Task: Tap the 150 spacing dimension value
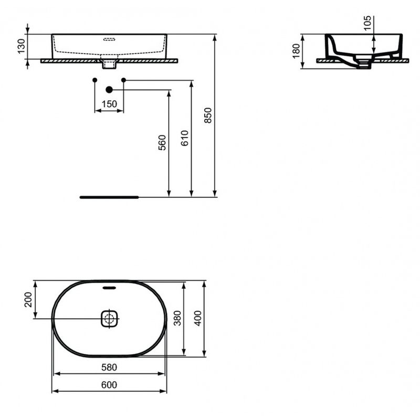[109, 104]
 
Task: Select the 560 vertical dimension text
[162, 143]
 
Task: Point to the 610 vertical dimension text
[184, 138]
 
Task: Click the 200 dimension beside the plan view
[28, 300]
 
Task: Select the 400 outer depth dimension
[197, 317]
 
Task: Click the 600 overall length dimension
[108, 385]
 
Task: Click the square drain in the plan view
[109, 318]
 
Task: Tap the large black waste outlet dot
[109, 90]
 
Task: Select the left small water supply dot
[94, 79]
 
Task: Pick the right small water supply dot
[124, 79]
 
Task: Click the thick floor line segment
[109, 197]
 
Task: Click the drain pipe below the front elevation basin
[109, 64]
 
